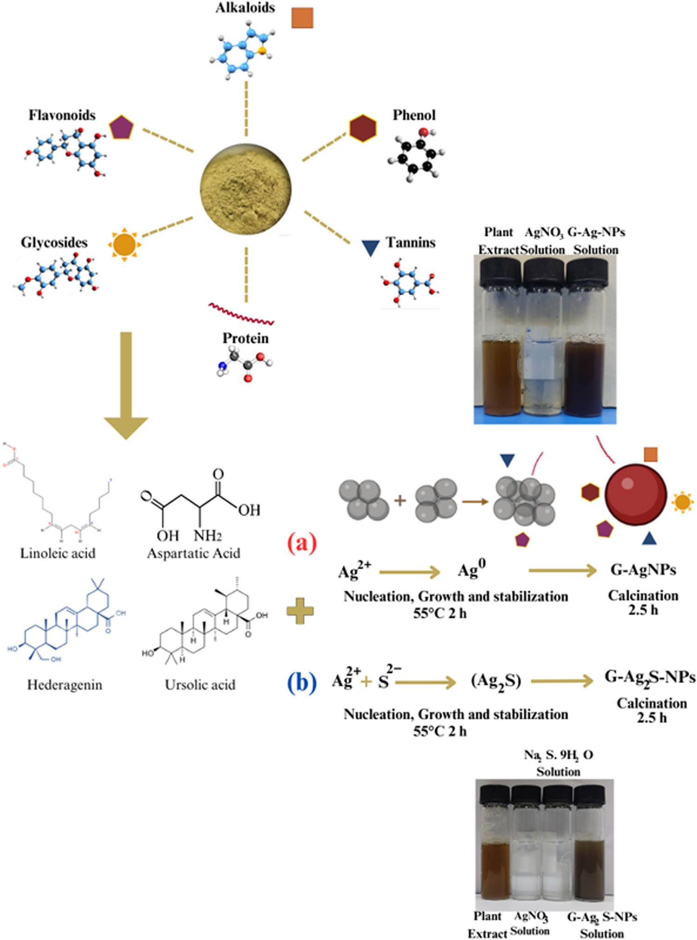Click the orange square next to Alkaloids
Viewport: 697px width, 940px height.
point(302,18)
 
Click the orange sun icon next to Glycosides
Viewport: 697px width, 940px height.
point(124,244)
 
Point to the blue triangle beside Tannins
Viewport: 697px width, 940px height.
point(370,248)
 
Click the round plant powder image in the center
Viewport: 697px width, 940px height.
point(246,189)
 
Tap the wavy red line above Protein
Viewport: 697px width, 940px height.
point(241,314)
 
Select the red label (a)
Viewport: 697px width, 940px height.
point(302,543)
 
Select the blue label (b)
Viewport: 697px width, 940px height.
point(302,683)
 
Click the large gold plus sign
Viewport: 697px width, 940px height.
point(300,611)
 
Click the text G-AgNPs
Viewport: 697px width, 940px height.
point(643,569)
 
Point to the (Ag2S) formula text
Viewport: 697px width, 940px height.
point(496,681)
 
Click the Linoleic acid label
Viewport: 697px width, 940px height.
point(58,553)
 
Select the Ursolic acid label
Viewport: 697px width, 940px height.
point(200,685)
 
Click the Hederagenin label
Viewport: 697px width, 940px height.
point(65,685)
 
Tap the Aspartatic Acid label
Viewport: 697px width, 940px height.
point(193,553)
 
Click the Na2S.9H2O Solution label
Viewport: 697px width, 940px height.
point(559,763)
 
